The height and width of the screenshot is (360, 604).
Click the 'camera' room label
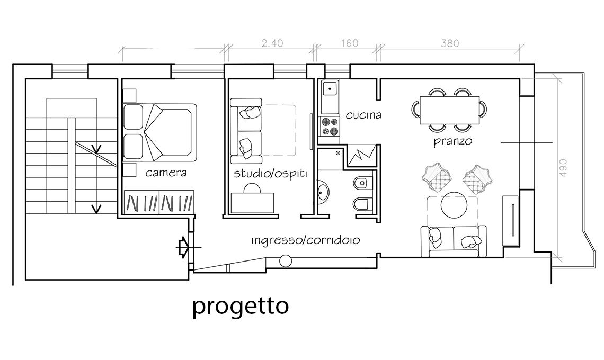point(166,173)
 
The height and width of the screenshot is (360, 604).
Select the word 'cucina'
point(363,115)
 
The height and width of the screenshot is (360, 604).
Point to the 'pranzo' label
point(453,141)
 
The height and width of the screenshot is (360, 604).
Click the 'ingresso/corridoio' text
point(306,241)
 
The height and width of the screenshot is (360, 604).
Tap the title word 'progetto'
point(241,307)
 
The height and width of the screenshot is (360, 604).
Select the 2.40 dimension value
point(272,43)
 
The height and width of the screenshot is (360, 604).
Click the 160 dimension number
point(350,43)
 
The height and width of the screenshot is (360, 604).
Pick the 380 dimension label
point(450,43)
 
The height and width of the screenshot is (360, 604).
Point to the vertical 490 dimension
point(563,168)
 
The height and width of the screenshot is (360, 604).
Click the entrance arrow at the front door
point(183,247)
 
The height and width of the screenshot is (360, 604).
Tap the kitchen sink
point(330,89)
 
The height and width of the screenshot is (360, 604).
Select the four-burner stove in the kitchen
point(330,127)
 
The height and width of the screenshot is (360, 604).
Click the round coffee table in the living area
point(454,205)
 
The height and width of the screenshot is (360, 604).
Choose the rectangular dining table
point(449,111)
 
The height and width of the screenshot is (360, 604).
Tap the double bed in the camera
point(160,132)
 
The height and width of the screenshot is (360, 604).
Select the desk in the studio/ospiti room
point(252,203)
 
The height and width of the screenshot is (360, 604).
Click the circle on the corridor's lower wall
point(286,261)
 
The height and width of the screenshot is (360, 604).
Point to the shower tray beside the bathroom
point(362,156)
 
